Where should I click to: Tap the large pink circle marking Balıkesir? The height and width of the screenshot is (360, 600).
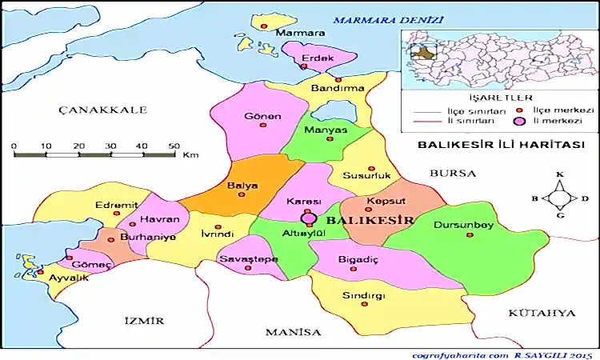308,218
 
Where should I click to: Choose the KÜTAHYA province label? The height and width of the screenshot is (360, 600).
542,312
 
